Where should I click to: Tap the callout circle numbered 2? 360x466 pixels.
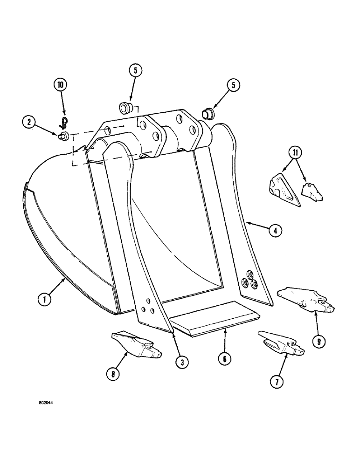pos(29,123)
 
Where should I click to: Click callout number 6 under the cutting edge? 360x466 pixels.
pos(225,359)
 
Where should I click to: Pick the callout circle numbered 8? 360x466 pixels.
pos(112,375)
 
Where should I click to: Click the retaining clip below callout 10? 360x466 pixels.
pos(65,122)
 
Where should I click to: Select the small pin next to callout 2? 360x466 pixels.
pos(63,136)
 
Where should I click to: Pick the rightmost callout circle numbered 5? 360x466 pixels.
pos(233,85)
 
